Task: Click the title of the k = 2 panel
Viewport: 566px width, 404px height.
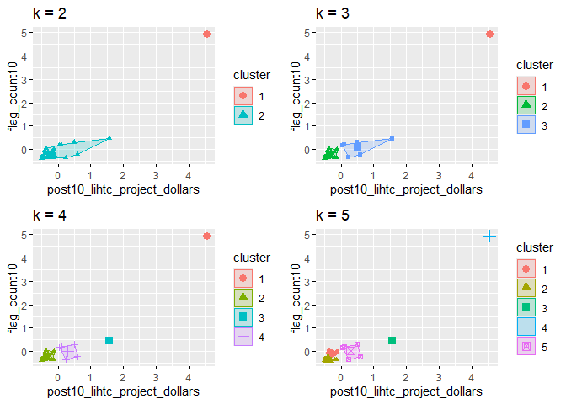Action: coord(49,13)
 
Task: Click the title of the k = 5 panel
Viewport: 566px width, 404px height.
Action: coord(332,215)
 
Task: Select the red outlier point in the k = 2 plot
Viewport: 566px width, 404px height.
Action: coord(207,35)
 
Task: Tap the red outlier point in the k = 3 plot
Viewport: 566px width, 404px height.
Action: coord(490,35)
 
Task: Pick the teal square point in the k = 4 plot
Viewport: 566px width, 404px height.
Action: coord(109,340)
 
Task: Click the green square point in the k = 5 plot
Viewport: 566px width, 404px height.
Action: coord(392,340)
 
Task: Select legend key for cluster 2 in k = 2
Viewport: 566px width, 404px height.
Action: coord(243,114)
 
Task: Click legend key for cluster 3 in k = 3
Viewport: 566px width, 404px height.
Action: coord(526,125)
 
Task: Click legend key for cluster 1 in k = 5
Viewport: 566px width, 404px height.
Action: coord(526,268)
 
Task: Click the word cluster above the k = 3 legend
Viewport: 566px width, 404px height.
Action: coord(534,65)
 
